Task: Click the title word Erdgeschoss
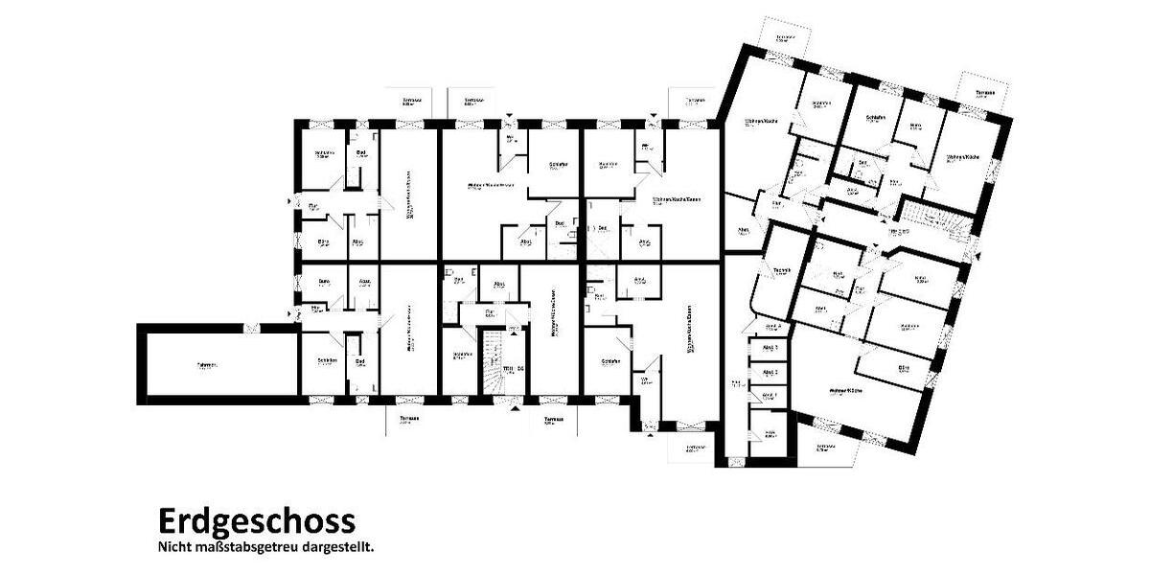(x=256, y=521)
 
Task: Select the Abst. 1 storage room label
(x=770, y=395)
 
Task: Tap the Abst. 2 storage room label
(x=770, y=372)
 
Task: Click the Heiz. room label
(x=769, y=433)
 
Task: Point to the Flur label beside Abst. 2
(x=735, y=385)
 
